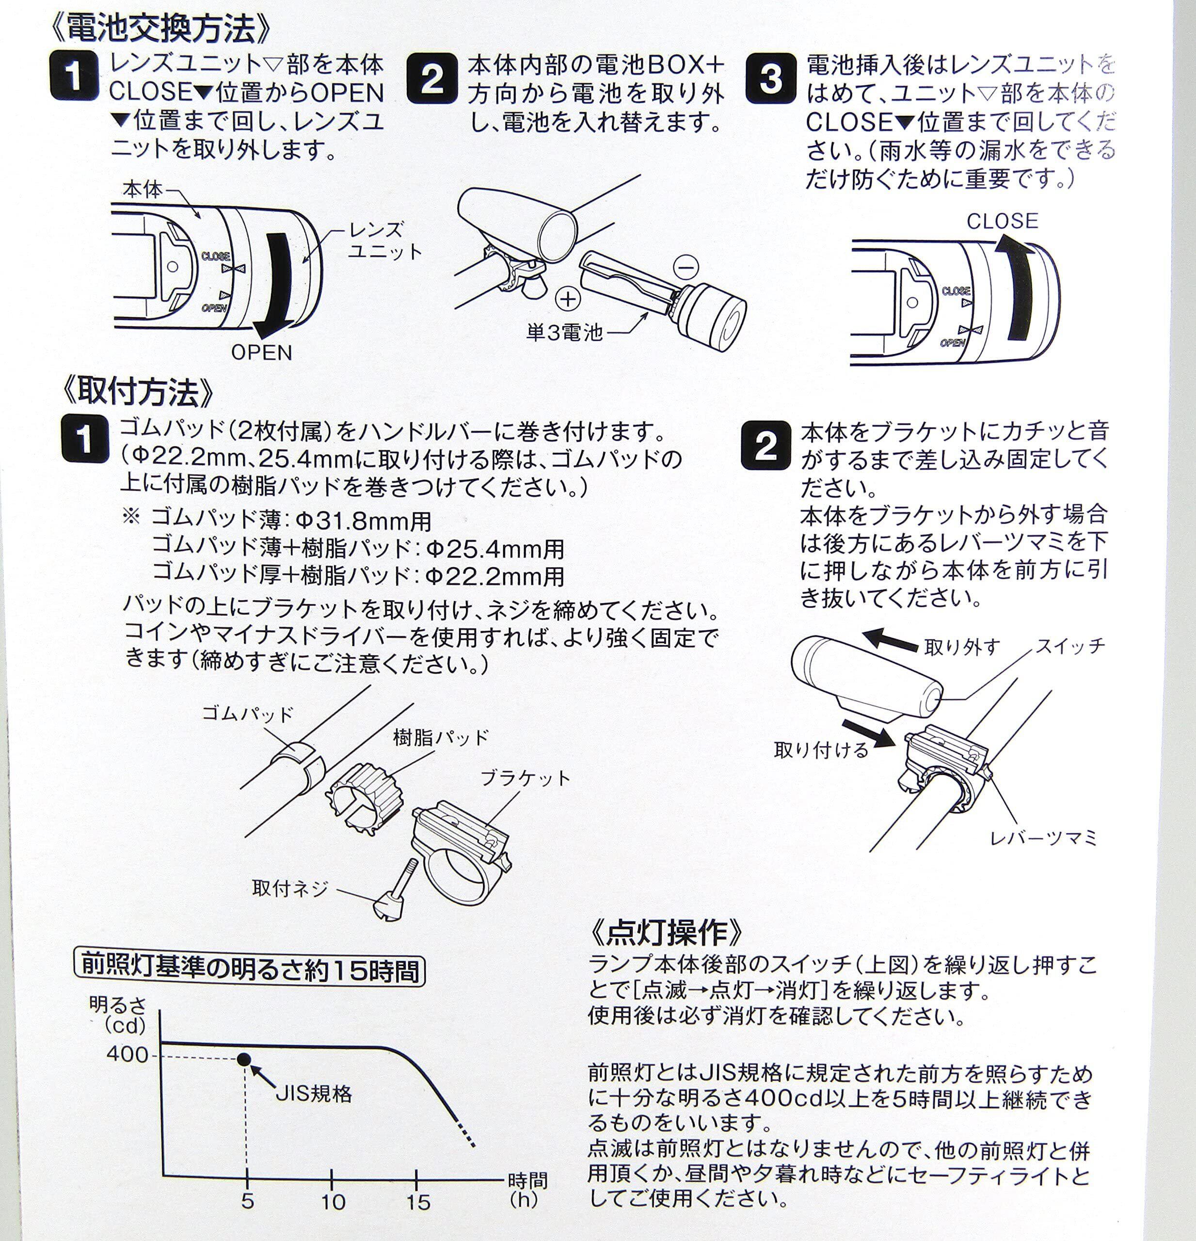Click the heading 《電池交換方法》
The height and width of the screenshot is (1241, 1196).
[161, 29]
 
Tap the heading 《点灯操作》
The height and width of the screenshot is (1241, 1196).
[667, 931]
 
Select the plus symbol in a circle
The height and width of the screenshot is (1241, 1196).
[567, 298]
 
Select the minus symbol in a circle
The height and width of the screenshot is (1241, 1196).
[686, 267]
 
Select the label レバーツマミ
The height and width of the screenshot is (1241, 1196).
[1043, 838]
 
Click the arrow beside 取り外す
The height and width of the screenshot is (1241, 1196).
[890, 639]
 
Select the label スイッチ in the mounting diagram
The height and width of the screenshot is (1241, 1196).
[1070, 646]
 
